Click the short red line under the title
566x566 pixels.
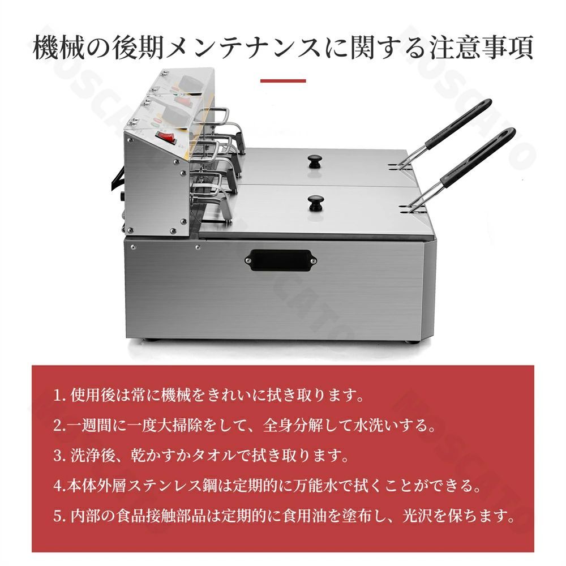[283, 81]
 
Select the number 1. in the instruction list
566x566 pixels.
[59, 396]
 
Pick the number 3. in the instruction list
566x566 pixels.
[59, 456]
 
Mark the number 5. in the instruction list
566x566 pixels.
[59, 516]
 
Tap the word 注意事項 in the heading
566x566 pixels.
[481, 48]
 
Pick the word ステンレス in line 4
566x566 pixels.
[165, 486]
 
